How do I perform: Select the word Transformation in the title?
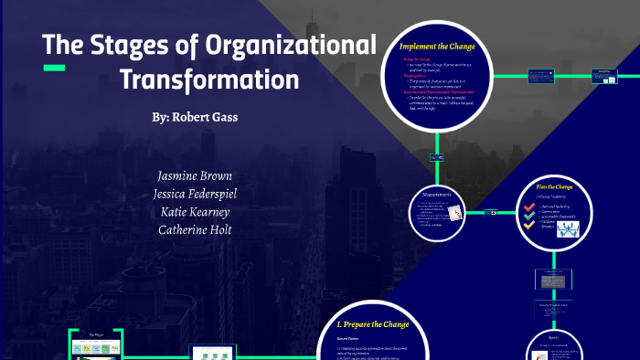209,79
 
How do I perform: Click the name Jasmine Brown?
194,175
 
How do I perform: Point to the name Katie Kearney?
194,211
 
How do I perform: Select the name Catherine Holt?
194,229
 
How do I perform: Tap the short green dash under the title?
55,68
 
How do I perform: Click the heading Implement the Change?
437,47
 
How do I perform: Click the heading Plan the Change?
554,186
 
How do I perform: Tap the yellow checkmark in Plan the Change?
528,226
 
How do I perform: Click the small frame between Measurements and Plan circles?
494,213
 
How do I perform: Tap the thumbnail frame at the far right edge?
605,72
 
